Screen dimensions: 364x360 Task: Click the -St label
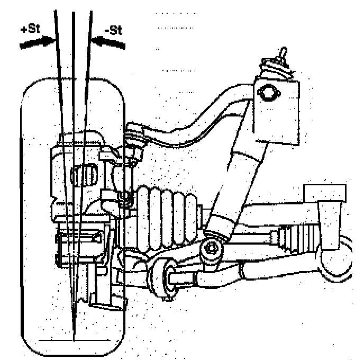(113, 30)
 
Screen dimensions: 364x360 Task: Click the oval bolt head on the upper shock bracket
(268, 93)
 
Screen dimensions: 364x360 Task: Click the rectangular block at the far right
(325, 193)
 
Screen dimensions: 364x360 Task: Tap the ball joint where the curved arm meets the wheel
(134, 136)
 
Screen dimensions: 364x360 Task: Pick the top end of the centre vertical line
(72, 12)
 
